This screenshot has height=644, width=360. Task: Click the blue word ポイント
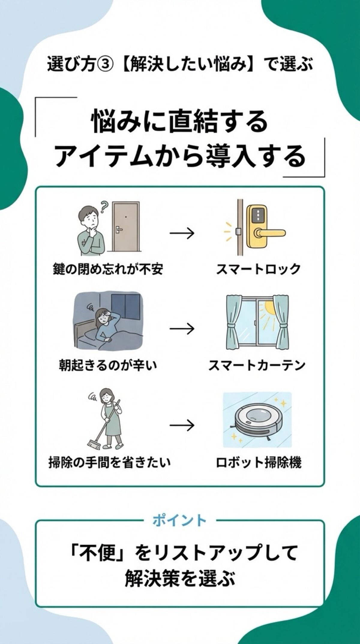[179, 529]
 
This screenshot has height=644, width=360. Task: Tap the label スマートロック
[258, 269]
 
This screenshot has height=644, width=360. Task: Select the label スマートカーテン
[257, 365]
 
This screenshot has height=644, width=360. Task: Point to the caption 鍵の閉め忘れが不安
[108, 269]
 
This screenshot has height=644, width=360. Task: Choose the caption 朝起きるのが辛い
[108, 365]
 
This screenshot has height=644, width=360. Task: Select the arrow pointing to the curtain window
[182, 329]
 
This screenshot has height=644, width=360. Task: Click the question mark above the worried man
[104, 206]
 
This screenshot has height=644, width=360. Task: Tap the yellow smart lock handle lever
[271, 233]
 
